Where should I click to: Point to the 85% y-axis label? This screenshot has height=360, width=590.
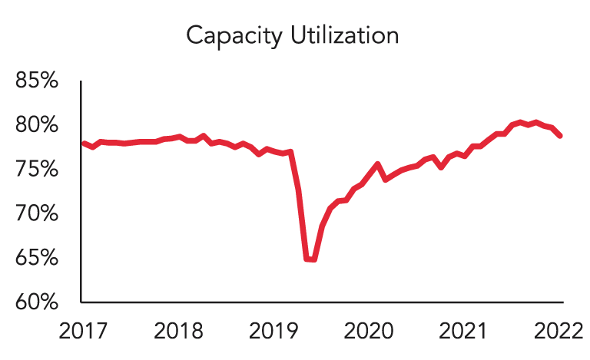click(x=38, y=80)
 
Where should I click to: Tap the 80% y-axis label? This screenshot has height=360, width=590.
click(x=38, y=124)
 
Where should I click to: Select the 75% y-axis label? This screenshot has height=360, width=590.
click(x=38, y=168)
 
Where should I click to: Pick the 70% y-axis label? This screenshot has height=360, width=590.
click(x=38, y=213)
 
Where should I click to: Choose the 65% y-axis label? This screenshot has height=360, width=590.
click(x=38, y=257)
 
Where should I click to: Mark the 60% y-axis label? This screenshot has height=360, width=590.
click(x=38, y=302)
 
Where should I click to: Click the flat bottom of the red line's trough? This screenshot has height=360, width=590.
click(x=310, y=259)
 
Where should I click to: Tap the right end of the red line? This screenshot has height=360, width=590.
click(x=561, y=136)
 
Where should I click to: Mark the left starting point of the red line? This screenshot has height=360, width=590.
click(x=83, y=144)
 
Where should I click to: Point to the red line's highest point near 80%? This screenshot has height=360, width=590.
click(x=535, y=121)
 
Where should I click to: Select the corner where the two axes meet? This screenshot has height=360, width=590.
click(x=81, y=302)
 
